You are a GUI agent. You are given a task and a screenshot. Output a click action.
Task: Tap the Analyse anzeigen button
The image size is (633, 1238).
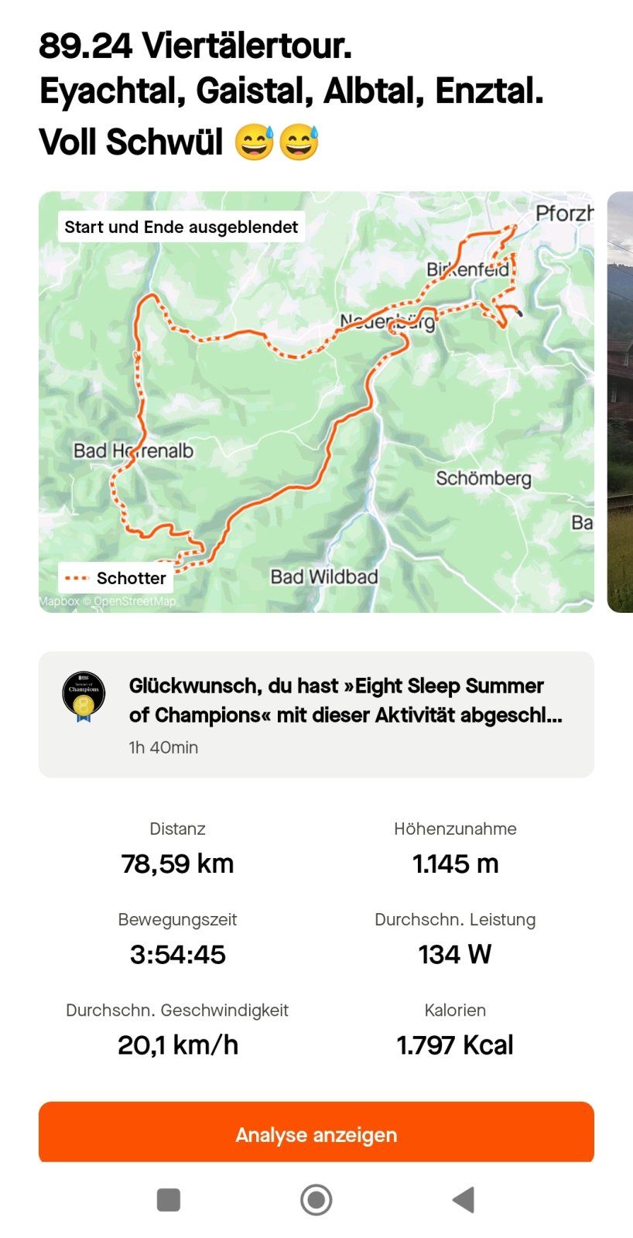coord(316,1134)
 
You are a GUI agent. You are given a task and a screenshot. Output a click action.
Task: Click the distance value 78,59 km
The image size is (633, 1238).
coord(177,864)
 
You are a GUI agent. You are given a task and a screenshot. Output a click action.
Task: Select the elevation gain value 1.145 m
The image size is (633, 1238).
coord(455,864)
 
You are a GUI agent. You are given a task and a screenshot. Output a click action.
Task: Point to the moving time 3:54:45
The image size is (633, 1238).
coord(177,954)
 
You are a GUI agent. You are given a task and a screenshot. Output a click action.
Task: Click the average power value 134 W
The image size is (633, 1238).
coord(455,954)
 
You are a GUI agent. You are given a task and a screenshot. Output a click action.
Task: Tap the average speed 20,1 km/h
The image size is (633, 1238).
coord(177,1045)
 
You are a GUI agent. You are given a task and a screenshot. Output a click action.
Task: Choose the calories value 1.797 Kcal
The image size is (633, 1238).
coord(455,1045)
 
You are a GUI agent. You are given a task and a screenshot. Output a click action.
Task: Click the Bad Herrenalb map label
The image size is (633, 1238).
coord(133,450)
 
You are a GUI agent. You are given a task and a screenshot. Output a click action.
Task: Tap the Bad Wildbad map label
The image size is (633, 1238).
coord(323,576)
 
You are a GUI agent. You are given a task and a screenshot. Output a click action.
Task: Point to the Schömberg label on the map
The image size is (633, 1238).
coord(483,478)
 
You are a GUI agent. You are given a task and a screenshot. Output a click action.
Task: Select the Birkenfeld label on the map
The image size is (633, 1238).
coord(467,269)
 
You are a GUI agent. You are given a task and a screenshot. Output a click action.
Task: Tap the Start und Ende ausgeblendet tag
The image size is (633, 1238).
coord(181,227)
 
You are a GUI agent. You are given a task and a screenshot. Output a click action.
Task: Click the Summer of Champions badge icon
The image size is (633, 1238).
coord(84,696)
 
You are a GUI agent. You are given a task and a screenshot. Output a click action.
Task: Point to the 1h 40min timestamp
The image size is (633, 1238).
coord(163,747)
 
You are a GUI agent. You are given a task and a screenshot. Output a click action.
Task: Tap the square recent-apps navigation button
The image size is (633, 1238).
coord(168,1200)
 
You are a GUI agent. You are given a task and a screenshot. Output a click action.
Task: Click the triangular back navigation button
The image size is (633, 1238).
coord(463,1200)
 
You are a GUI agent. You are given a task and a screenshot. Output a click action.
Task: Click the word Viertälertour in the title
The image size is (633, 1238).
coord(246,46)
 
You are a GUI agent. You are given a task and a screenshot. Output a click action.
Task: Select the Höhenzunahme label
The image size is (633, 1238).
coord(455,829)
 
